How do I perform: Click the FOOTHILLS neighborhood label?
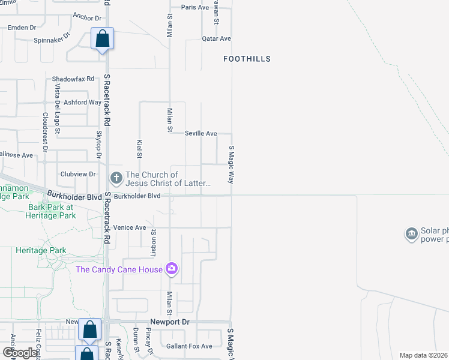click(x=247, y=59)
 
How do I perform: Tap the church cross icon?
click(x=116, y=178)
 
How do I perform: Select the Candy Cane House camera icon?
click(x=172, y=269)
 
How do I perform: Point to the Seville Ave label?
click(x=200, y=133)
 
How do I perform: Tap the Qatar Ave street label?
click(x=216, y=38)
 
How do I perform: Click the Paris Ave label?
click(x=195, y=7)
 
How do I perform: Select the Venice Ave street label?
click(x=130, y=228)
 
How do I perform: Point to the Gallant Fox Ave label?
click(x=189, y=346)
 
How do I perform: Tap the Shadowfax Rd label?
click(x=73, y=79)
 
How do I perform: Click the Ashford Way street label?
click(x=82, y=102)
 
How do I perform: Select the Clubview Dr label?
click(x=78, y=174)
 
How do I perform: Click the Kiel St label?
click(x=139, y=148)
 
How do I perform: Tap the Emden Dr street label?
click(x=22, y=27)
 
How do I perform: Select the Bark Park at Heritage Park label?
click(x=52, y=211)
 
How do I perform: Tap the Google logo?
click(x=19, y=353)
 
